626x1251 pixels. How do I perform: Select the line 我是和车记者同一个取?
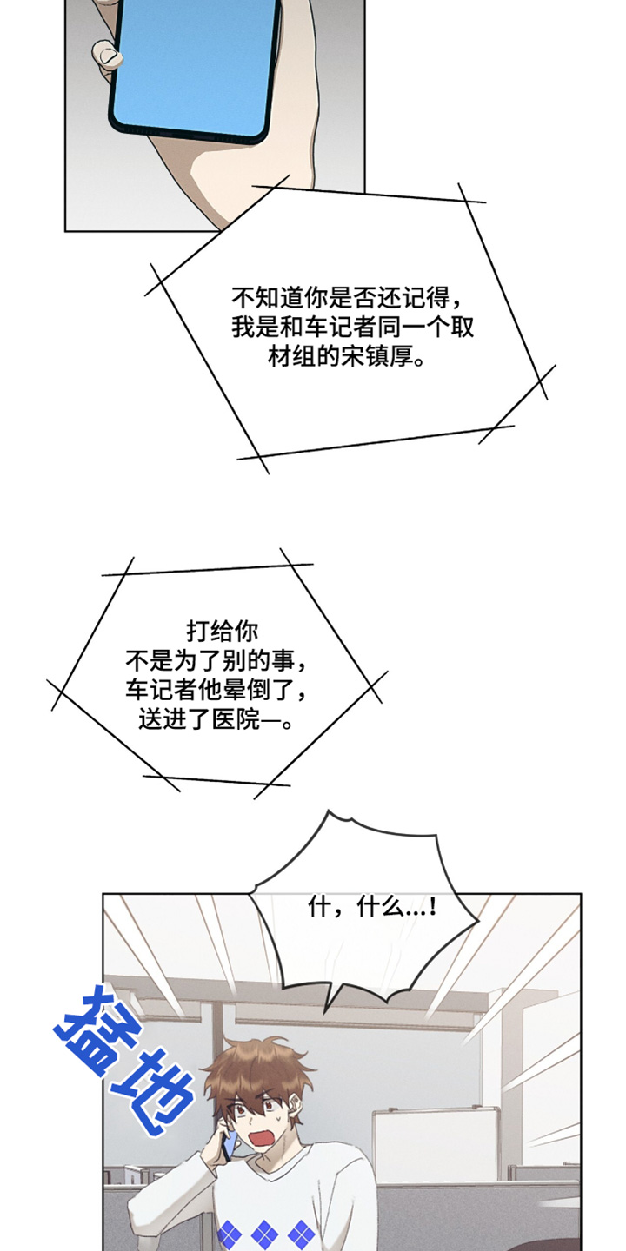point(353,328)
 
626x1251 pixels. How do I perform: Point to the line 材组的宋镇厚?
point(345,357)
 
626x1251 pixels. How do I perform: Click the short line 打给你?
point(222,632)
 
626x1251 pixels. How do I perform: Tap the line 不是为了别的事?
point(216,661)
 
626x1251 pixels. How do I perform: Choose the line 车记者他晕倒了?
point(216,691)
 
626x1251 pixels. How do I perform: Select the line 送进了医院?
point(216,720)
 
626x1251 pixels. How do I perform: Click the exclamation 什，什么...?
point(372,907)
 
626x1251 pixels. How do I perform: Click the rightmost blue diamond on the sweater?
point(302,1234)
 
